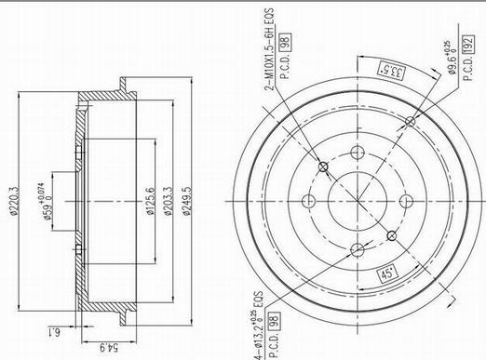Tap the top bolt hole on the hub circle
point(357,155)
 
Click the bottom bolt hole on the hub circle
point(357,247)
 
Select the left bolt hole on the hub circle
point(311,202)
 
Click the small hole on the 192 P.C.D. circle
point(411,119)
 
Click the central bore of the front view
point(357,202)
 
